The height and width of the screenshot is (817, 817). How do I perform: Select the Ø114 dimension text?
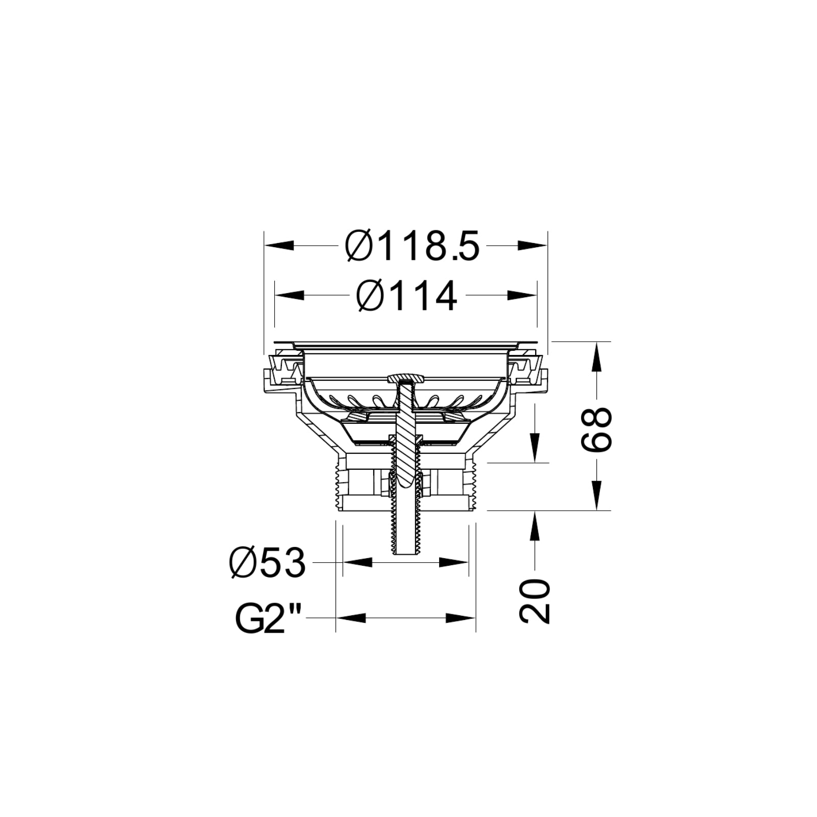pyautogui.click(x=406, y=296)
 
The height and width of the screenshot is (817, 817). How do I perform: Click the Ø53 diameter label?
pyautogui.click(x=268, y=563)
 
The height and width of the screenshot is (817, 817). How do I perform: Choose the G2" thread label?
pyautogui.click(x=267, y=618)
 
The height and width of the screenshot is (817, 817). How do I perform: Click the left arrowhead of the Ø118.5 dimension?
pyautogui.click(x=278, y=246)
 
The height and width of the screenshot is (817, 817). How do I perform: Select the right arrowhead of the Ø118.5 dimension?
pyautogui.click(x=533, y=246)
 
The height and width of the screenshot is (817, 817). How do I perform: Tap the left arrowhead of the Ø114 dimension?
pyautogui.click(x=289, y=295)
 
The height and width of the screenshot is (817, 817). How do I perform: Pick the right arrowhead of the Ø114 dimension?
pyautogui.click(x=523, y=295)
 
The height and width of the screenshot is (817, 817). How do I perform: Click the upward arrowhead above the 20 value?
pyautogui.click(x=535, y=526)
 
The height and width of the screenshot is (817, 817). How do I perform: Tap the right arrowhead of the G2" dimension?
pyautogui.click(x=461, y=618)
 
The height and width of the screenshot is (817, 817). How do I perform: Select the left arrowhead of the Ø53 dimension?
pyautogui.click(x=357, y=562)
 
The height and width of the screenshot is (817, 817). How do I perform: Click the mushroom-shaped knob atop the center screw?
pyautogui.click(x=405, y=378)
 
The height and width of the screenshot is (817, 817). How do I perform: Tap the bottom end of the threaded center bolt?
pyautogui.click(x=405, y=551)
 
